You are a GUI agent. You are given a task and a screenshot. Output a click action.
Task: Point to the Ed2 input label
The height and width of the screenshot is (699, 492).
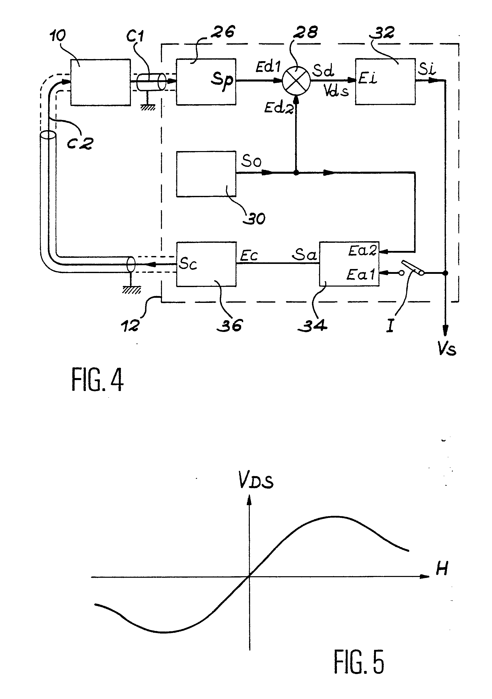click(x=278, y=107)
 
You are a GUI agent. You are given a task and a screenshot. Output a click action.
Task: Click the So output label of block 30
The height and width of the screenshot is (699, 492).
click(x=251, y=161)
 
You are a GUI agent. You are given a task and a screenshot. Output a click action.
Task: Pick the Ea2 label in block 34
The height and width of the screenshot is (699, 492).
click(x=362, y=251)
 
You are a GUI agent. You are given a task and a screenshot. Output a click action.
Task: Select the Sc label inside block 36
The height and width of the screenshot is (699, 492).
click(x=188, y=263)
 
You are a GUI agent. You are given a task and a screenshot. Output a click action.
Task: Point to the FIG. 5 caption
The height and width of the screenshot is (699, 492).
click(x=359, y=661)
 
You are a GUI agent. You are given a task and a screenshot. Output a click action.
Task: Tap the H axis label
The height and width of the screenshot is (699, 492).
click(x=442, y=568)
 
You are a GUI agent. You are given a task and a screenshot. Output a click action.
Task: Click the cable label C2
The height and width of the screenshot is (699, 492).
click(x=80, y=143)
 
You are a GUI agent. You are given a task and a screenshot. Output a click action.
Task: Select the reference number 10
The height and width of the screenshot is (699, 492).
click(x=57, y=36)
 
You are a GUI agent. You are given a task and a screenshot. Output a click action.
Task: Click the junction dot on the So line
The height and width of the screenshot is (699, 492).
click(x=296, y=173)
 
